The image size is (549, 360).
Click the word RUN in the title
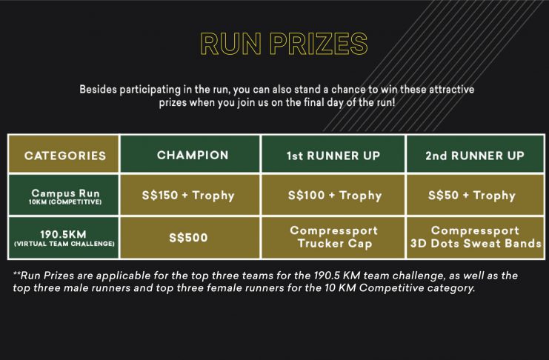pyautogui.click(x=230, y=44)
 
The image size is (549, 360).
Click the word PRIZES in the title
pyautogui.click(x=319, y=44)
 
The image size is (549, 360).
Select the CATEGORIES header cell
pyautogui.click(x=64, y=154)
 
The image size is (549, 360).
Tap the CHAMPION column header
pyautogui.click(x=190, y=154)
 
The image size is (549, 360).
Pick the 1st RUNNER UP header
pyautogui.click(x=333, y=154)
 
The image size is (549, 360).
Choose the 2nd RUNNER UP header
pyautogui.click(x=475, y=154)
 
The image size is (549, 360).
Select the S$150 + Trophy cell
pyautogui.click(x=190, y=195)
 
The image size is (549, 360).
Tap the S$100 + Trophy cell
pyautogui.click(x=333, y=195)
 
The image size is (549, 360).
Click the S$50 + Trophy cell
pyautogui.click(x=475, y=195)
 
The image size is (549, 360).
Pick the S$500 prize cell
pyautogui.click(x=190, y=238)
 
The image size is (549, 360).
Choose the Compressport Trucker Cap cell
pyautogui.click(x=333, y=238)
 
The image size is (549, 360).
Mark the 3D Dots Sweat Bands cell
pyautogui.click(x=475, y=238)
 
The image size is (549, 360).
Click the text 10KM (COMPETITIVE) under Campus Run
pyautogui.click(x=65, y=202)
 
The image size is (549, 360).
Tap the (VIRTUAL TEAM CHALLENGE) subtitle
pyautogui.click(x=64, y=244)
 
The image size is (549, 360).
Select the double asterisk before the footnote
pyautogui.click(x=17, y=273)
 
